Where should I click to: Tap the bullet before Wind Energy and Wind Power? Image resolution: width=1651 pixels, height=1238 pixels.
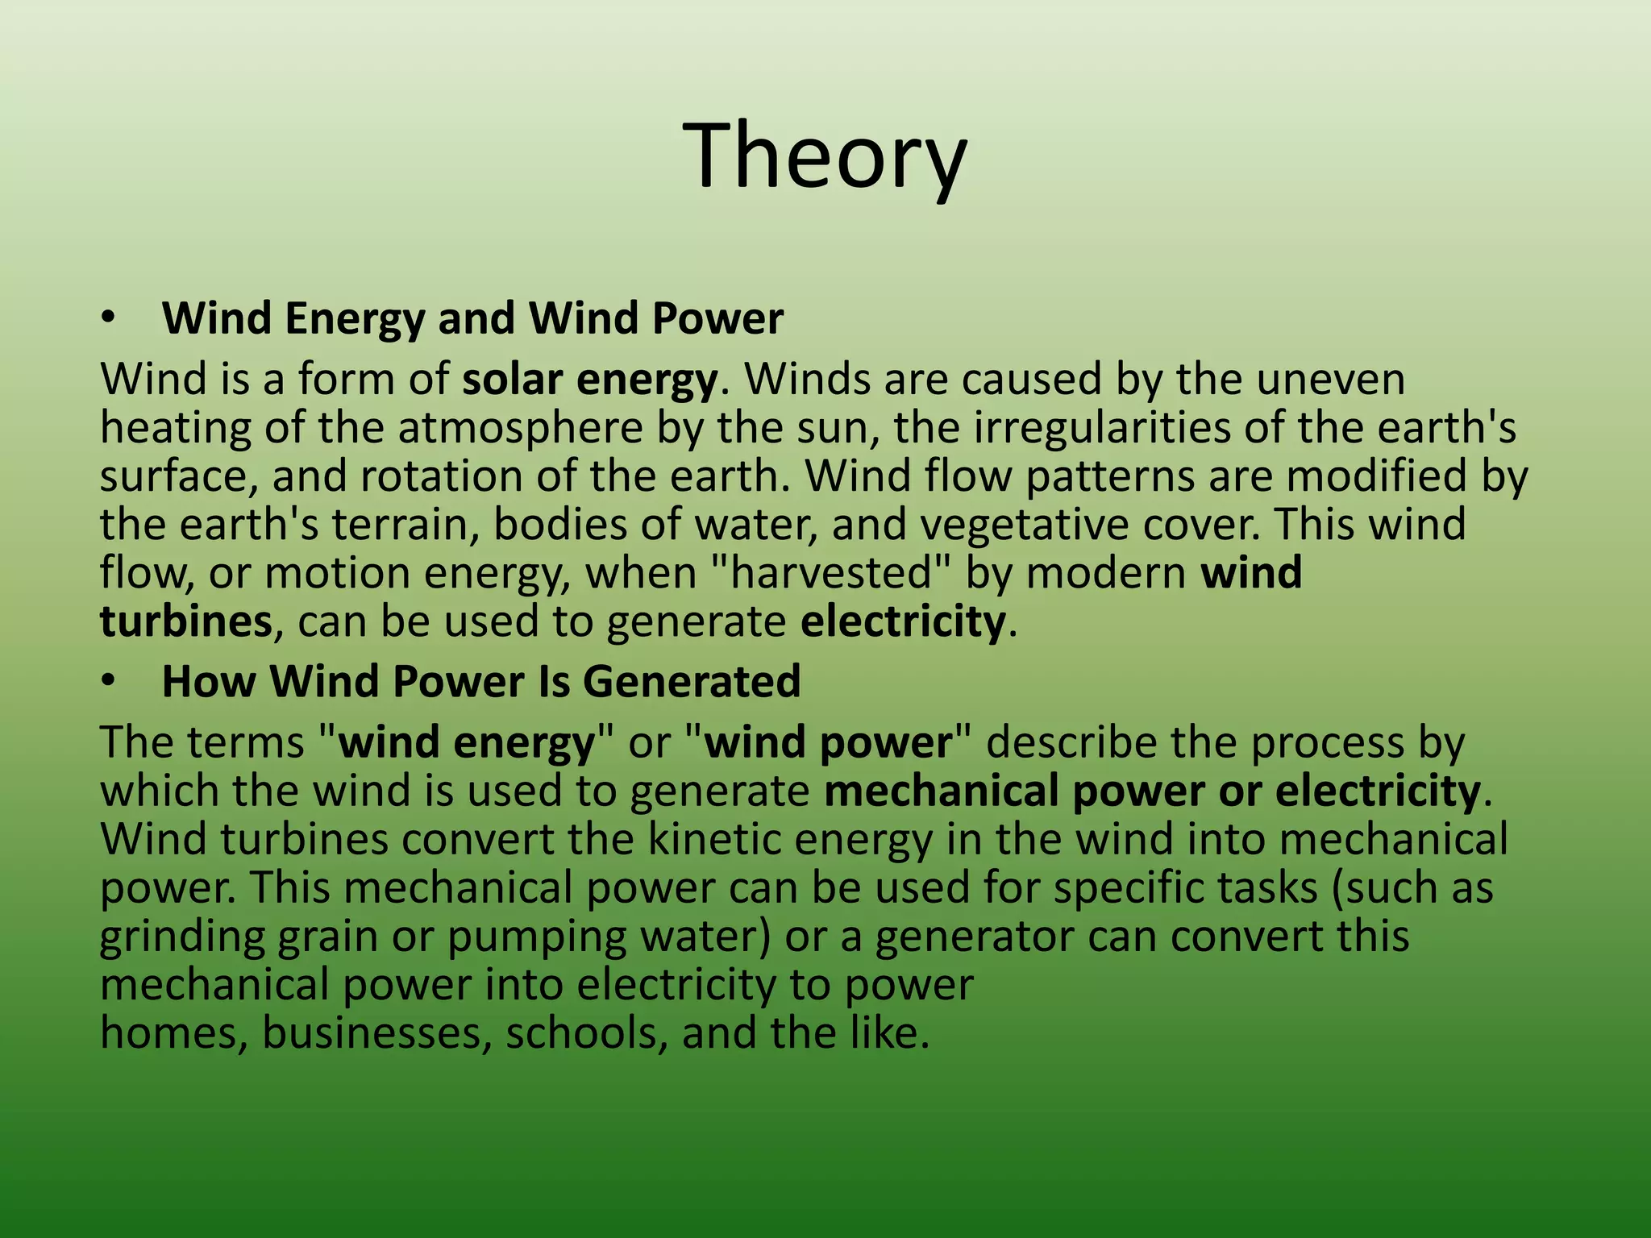click(x=109, y=319)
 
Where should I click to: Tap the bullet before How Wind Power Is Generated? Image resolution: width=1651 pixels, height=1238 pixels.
click(x=109, y=682)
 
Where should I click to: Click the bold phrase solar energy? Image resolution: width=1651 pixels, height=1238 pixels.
click(x=589, y=380)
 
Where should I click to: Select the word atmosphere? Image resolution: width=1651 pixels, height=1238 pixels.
click(x=520, y=428)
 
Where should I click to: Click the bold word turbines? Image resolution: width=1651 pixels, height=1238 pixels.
click(x=185, y=621)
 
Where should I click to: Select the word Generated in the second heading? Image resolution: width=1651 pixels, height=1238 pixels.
click(x=691, y=682)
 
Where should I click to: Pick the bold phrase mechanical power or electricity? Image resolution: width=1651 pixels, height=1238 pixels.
click(x=1152, y=791)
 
